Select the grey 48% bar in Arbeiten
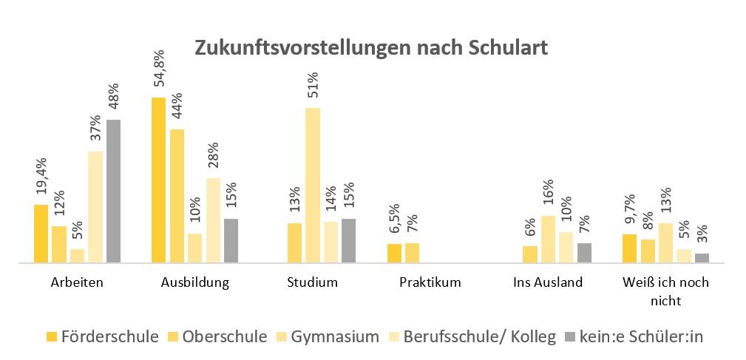pos(113,191)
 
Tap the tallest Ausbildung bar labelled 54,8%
pos(158,180)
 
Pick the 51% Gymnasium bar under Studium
pos(313,185)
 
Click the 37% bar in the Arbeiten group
pos(95,207)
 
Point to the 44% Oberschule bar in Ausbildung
pos(177,196)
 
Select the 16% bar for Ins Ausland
pos(548,239)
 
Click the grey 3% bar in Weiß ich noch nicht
pos(702,258)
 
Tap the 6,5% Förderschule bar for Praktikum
pos(394,253)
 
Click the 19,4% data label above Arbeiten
pos(41,178)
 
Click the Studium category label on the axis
pos(313,282)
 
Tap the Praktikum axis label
pos(430,282)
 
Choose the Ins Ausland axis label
pos(548,282)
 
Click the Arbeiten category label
pos(77,282)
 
